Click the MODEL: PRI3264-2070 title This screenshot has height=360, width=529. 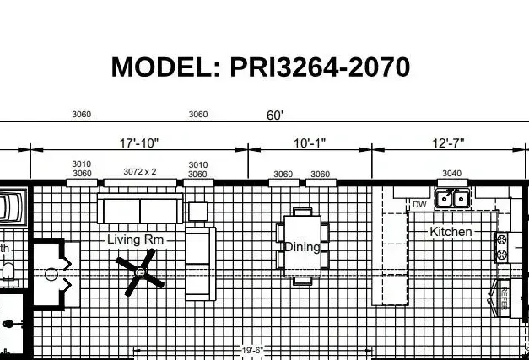[x=261, y=67]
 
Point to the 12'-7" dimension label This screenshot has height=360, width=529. [x=448, y=143]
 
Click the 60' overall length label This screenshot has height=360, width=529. [x=275, y=116]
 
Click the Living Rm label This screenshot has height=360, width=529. [x=135, y=239]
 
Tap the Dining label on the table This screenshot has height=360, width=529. [x=302, y=247]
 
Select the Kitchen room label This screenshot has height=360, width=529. [x=451, y=231]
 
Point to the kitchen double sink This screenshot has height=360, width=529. [x=452, y=199]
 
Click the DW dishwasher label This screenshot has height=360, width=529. [x=419, y=205]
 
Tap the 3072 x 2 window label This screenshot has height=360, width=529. [x=140, y=171]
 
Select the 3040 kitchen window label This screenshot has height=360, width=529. [x=452, y=174]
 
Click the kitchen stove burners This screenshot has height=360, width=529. [x=501, y=246]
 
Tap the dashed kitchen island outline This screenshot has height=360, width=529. [x=391, y=257]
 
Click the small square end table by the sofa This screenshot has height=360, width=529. [x=197, y=211]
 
